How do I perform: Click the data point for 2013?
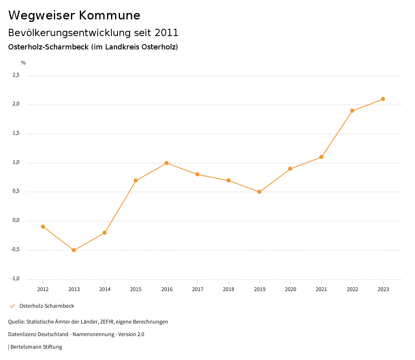(74, 250)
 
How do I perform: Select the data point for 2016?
(167, 163)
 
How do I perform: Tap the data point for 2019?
(259, 192)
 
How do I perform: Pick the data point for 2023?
(383, 99)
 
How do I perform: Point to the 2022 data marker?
(352, 111)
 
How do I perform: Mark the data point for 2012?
(43, 227)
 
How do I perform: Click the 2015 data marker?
(136, 180)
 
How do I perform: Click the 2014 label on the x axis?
(105, 289)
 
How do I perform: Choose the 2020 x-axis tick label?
(290, 289)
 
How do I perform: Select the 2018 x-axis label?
(229, 289)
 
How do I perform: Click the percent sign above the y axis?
(24, 63)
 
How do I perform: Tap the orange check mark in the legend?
(12, 306)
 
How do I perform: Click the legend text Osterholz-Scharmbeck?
(47, 306)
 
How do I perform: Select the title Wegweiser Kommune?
(74, 15)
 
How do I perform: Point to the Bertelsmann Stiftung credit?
(36, 347)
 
